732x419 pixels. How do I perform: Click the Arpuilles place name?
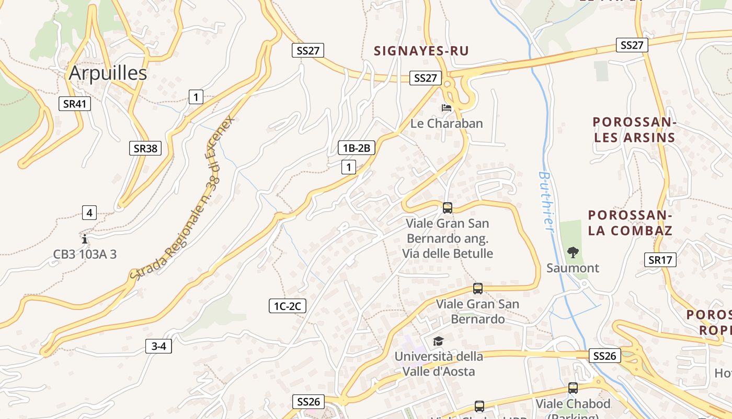click(108, 73)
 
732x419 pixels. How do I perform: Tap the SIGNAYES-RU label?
click(421, 51)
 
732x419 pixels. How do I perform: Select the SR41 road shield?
click(74, 104)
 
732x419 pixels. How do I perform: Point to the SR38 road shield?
click(145, 148)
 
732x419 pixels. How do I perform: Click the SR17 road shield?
click(660, 259)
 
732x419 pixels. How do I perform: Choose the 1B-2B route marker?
click(356, 148)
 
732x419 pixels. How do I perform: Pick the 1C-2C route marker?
click(287, 306)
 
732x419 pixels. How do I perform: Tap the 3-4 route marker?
click(158, 346)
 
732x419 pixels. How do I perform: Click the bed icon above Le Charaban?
click(447, 108)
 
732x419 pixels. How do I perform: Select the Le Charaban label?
click(447, 124)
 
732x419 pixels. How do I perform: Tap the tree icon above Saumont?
click(573, 252)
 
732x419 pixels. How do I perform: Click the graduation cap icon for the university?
click(438, 341)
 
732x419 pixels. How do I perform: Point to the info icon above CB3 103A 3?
click(85, 239)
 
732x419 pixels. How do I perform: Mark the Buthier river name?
click(546, 202)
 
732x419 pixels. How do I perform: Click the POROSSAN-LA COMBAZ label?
click(630, 223)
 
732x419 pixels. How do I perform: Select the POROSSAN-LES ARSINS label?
click(634, 130)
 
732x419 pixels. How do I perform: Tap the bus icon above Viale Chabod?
click(573, 388)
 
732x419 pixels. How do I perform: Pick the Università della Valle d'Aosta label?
click(439, 364)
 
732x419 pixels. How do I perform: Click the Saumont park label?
click(573, 268)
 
